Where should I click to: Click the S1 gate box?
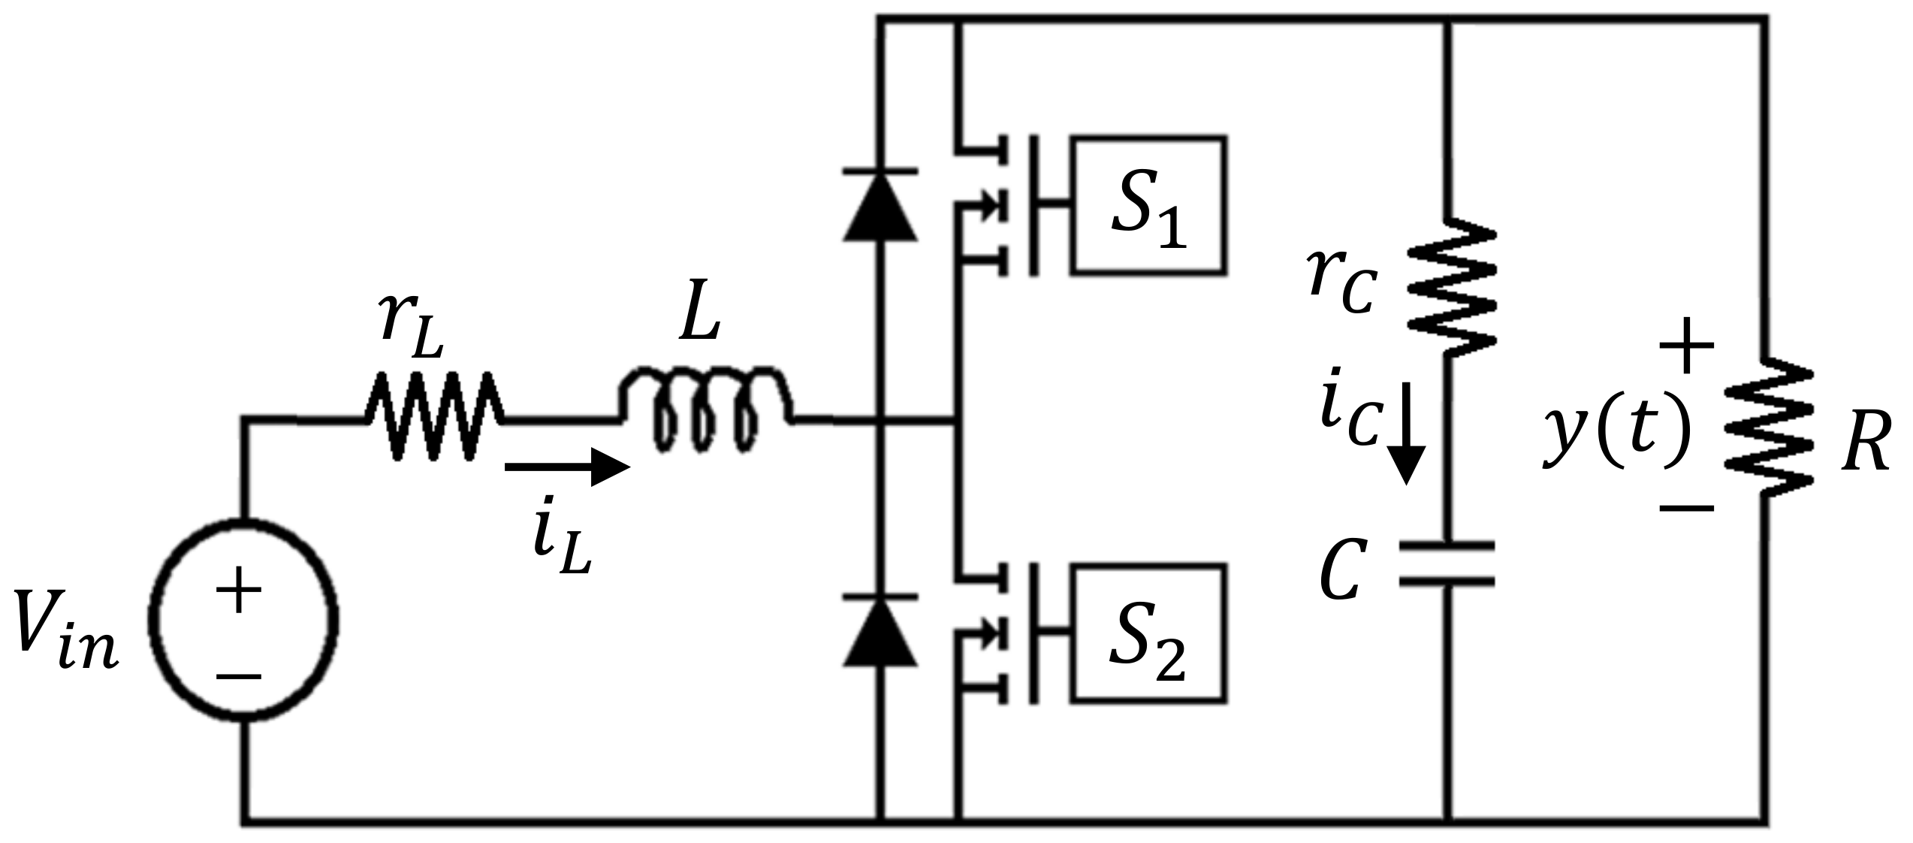click(1150, 205)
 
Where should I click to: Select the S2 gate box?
click(1150, 633)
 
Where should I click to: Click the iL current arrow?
click(567, 467)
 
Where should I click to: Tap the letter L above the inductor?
click(699, 319)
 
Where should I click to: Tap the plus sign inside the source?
click(238, 590)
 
